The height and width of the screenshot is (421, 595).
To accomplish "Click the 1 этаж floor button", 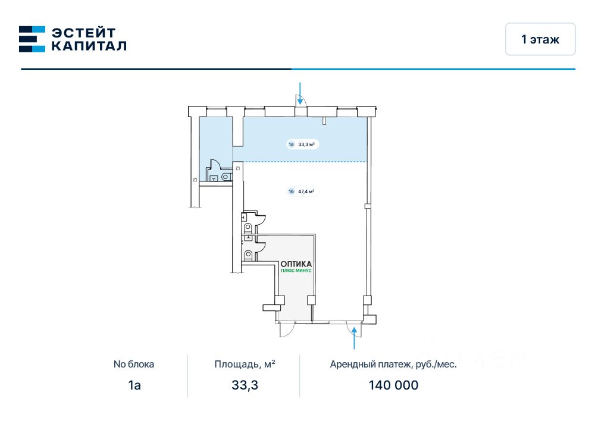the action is pyautogui.click(x=540, y=39).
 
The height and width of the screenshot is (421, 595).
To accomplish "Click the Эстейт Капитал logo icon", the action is pyautogui.click(x=32, y=39).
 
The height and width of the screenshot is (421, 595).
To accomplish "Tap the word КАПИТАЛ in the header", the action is pyautogui.click(x=88, y=46).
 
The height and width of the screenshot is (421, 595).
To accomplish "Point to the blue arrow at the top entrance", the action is pyautogui.click(x=300, y=93).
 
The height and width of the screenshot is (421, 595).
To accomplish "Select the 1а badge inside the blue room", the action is pyautogui.click(x=292, y=144).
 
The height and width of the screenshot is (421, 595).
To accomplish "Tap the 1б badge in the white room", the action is pyautogui.click(x=291, y=191).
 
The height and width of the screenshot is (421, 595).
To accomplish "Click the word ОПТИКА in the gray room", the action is pyautogui.click(x=296, y=263).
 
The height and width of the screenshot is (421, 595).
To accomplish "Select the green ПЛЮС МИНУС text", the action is pyautogui.click(x=296, y=271).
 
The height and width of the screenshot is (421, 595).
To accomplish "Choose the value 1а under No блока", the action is pyautogui.click(x=134, y=385).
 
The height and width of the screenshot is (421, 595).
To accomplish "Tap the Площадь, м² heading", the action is pyautogui.click(x=245, y=365).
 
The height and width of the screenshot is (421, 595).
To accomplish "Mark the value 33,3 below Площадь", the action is pyautogui.click(x=245, y=385).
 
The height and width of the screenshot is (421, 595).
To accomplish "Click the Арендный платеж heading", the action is pyautogui.click(x=393, y=365).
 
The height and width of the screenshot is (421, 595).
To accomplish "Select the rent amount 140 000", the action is pyautogui.click(x=393, y=385).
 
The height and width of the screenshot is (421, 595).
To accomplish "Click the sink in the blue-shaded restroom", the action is pyautogui.click(x=226, y=177).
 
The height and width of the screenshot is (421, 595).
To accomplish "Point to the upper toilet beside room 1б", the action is pyautogui.click(x=248, y=228).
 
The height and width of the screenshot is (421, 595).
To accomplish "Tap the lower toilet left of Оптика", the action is pyautogui.click(x=248, y=256).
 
